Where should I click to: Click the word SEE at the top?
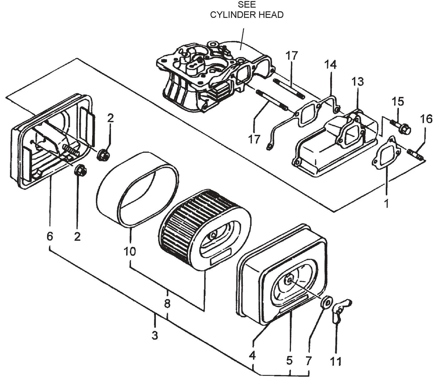(x=247, y=5)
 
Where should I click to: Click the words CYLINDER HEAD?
(x=247, y=15)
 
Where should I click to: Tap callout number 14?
(x=330, y=65)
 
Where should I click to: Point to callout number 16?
(x=426, y=119)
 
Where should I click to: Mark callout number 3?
(x=155, y=335)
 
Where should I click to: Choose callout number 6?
(x=50, y=236)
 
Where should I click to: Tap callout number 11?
(x=336, y=361)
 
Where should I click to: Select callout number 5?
(x=289, y=360)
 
